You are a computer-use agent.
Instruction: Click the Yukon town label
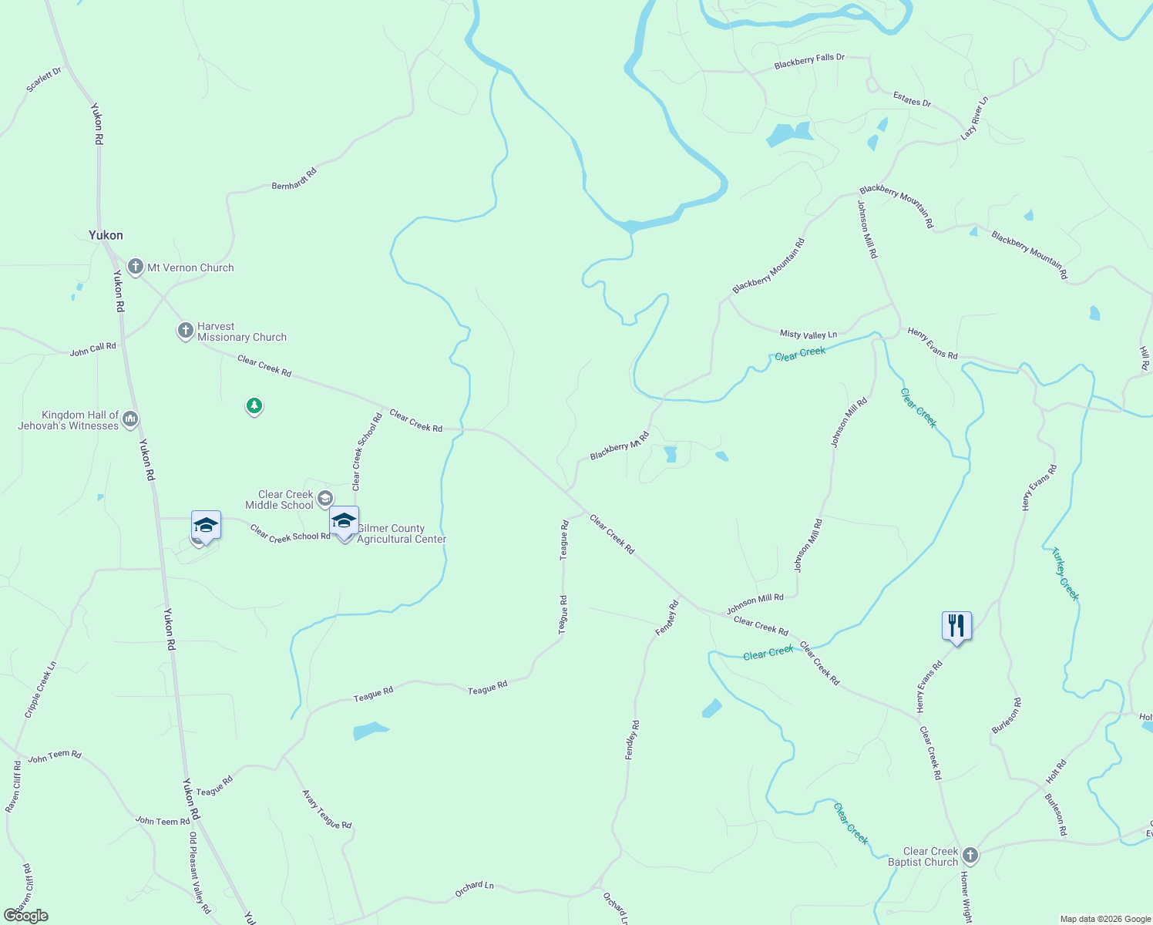106,235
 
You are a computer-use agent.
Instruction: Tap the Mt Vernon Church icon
136,267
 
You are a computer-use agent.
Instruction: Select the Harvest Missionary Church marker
185,331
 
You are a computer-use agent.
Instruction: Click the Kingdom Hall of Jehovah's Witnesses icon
130,419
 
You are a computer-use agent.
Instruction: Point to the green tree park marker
254,405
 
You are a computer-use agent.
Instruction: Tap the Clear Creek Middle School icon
325,499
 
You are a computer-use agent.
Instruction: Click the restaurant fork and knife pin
956,625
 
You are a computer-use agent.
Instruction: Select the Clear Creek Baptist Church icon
970,855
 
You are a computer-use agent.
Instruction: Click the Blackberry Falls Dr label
809,62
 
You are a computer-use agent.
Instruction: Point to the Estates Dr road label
912,99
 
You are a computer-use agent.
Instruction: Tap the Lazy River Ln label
974,118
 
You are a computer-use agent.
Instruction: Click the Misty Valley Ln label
808,335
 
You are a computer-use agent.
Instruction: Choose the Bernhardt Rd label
294,180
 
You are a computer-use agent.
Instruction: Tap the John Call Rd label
92,349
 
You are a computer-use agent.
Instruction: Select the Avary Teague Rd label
327,809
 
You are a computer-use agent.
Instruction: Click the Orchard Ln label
474,889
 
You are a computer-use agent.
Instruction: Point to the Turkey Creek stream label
1065,573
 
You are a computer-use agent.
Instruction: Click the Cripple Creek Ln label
41,689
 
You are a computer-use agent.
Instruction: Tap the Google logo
26,916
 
